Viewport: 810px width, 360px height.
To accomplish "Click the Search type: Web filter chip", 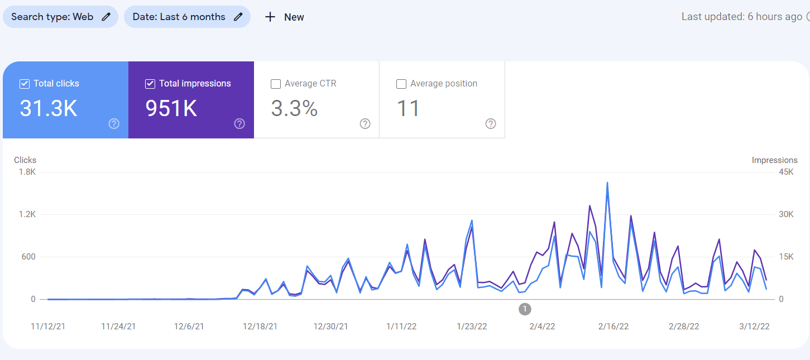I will click(60, 17).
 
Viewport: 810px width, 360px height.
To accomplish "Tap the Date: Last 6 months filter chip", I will click(187, 17).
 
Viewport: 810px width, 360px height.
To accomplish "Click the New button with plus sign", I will click(284, 17).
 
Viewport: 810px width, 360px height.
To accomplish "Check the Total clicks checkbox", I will click(25, 84).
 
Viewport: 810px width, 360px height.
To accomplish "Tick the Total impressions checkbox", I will click(150, 84).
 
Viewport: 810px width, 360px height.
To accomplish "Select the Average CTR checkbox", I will click(276, 84).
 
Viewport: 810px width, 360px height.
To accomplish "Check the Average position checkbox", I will click(401, 84).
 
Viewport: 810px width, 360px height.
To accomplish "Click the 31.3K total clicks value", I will click(49, 108).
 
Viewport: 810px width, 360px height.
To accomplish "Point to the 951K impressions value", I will click(171, 108).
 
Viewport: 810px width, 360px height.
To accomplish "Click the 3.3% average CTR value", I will click(294, 108).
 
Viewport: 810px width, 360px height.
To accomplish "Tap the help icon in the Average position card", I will click(491, 123).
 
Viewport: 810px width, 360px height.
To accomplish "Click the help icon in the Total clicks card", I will click(114, 123).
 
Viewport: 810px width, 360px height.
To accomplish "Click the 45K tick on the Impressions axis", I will click(786, 172).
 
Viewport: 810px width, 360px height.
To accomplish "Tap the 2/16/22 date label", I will click(614, 327).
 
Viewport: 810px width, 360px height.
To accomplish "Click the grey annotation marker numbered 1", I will click(525, 309).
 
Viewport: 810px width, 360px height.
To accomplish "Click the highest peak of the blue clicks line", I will click(607, 183).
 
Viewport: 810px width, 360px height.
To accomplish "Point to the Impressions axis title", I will click(774, 160).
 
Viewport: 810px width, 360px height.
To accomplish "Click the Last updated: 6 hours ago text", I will click(741, 17).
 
